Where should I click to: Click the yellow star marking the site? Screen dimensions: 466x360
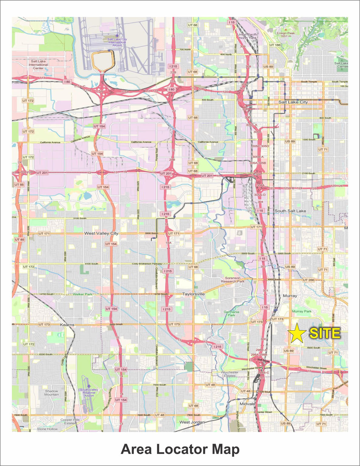coord(297,333)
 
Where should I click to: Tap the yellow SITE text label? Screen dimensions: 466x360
coord(325,333)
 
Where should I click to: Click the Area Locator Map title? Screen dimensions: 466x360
coord(180,449)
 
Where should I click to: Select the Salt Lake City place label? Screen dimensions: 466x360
coord(293,102)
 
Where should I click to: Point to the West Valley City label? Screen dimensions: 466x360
coord(101,233)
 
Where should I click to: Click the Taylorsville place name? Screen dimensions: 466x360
coord(193,294)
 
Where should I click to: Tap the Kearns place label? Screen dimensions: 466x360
coord(67,325)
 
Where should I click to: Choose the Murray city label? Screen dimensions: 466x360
coord(290,296)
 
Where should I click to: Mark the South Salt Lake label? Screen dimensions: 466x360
coord(290,211)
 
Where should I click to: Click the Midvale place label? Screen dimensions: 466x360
coord(247,404)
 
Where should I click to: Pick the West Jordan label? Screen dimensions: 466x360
coord(192,422)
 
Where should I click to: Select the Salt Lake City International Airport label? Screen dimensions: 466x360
coord(117,42)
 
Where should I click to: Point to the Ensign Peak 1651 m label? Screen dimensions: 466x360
coord(286,35)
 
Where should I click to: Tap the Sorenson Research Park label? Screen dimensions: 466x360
coord(233,280)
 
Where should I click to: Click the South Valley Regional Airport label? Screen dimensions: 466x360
coord(89,393)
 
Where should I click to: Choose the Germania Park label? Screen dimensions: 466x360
coord(231,313)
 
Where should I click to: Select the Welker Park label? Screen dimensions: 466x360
coord(82,294)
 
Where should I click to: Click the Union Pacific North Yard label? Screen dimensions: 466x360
coord(248,36)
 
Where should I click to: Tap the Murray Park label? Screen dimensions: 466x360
coord(302,311)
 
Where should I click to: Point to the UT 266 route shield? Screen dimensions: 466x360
coord(309,280)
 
